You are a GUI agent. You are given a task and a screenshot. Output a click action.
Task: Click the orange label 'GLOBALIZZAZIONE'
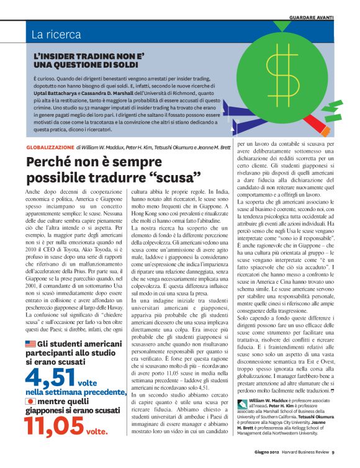(50, 147)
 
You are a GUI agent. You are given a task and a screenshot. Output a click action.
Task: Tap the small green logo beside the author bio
(243, 421)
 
